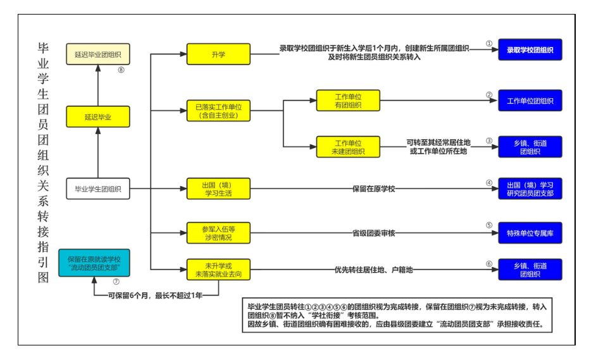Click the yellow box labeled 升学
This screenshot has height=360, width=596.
(x=218, y=55)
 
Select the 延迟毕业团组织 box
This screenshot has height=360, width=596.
(x=98, y=54)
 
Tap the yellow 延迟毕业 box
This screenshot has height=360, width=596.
(x=98, y=117)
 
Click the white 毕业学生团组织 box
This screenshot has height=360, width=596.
(x=98, y=188)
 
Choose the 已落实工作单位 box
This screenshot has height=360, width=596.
(x=218, y=111)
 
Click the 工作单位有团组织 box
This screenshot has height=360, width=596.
(x=348, y=100)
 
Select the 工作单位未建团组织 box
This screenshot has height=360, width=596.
(x=348, y=147)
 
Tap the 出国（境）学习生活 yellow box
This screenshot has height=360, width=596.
(x=218, y=189)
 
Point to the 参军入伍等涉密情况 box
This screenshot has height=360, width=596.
(x=218, y=233)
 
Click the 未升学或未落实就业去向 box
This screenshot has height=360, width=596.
(x=218, y=270)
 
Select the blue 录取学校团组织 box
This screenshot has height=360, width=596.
(x=530, y=49)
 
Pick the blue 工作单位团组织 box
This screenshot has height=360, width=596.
(x=530, y=101)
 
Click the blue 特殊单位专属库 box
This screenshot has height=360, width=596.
(x=530, y=233)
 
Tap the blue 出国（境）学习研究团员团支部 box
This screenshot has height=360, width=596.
(x=530, y=189)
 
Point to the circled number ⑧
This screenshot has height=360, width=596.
(x=121, y=70)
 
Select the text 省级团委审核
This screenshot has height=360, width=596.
(x=373, y=233)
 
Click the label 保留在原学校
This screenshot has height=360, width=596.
(x=373, y=189)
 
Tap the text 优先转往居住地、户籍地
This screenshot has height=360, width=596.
(x=373, y=270)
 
